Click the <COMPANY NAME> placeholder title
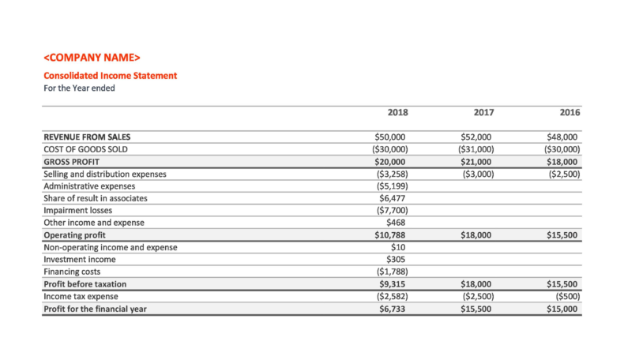pos(92,58)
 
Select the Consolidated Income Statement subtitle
pos(110,76)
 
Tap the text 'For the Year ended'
pos(79,88)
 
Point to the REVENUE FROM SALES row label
pos(87,137)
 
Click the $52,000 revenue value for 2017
pos(476,137)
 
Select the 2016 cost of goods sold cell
pos(562,149)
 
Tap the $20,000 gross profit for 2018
pos(390,161)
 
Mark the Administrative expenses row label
pos(89,186)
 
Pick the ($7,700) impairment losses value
pos(391,211)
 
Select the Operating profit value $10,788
pos(390,235)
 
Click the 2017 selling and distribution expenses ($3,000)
pos(476,174)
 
